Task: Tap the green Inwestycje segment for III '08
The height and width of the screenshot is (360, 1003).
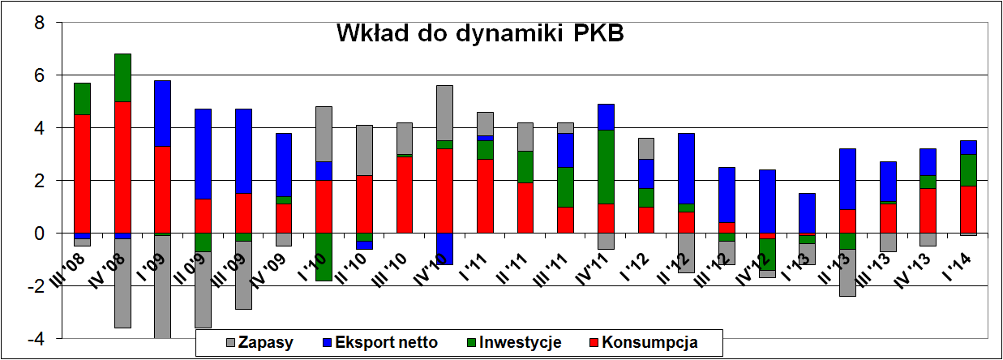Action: (83, 99)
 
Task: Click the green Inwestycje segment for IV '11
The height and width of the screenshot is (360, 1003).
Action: (605, 166)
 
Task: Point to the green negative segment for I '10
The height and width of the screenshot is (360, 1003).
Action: (324, 256)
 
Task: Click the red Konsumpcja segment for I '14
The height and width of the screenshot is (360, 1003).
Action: (968, 209)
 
